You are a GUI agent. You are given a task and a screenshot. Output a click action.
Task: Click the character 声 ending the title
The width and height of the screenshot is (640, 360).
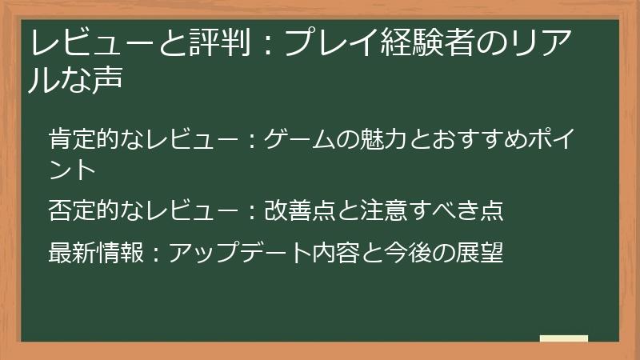[x=106, y=80]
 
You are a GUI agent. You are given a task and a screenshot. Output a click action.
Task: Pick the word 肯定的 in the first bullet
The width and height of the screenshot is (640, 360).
[x=84, y=137]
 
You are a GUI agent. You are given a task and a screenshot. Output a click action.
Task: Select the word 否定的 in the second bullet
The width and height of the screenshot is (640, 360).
[x=84, y=210]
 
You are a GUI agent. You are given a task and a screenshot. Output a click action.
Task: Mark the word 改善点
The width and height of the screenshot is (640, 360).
[x=299, y=210]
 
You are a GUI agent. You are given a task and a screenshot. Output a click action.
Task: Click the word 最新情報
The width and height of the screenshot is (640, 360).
[x=96, y=252]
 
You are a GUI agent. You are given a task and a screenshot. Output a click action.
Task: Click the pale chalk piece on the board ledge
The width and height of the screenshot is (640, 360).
[x=564, y=338]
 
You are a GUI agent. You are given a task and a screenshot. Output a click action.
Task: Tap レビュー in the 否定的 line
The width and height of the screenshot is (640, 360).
[x=187, y=210]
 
